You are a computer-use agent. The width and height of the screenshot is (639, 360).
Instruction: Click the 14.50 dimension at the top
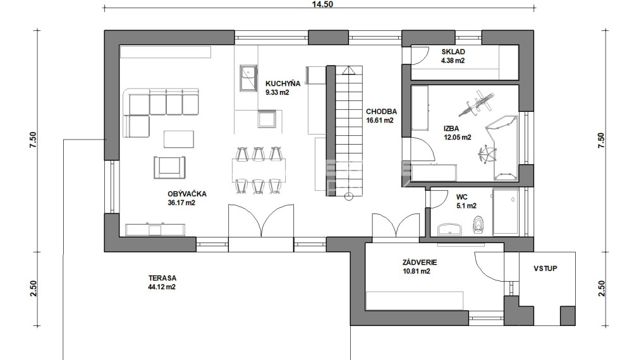(322, 4)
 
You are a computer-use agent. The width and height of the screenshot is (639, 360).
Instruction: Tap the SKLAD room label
(453, 52)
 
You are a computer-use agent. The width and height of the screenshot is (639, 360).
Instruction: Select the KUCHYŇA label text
(283, 83)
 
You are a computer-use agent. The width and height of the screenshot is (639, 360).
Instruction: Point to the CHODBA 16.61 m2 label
(381, 116)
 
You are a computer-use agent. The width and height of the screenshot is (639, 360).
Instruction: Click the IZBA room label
(451, 129)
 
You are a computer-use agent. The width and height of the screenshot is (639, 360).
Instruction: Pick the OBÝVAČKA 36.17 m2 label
(187, 198)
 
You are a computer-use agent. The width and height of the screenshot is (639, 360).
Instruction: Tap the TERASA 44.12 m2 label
(162, 282)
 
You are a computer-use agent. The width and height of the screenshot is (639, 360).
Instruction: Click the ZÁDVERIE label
(420, 263)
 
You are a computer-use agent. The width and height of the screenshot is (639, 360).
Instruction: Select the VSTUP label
(545, 268)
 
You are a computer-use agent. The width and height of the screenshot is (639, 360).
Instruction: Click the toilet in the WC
(478, 225)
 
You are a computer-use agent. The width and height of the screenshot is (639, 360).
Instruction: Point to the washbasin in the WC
(451, 229)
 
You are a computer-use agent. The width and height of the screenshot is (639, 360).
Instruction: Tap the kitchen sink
(248, 78)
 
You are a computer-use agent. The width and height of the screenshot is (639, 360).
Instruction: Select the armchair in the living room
(169, 167)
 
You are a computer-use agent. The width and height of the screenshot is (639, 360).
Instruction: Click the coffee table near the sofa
(179, 139)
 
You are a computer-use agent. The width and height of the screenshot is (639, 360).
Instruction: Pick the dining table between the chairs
(259, 171)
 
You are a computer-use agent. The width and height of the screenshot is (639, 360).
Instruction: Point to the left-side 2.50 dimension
(33, 289)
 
